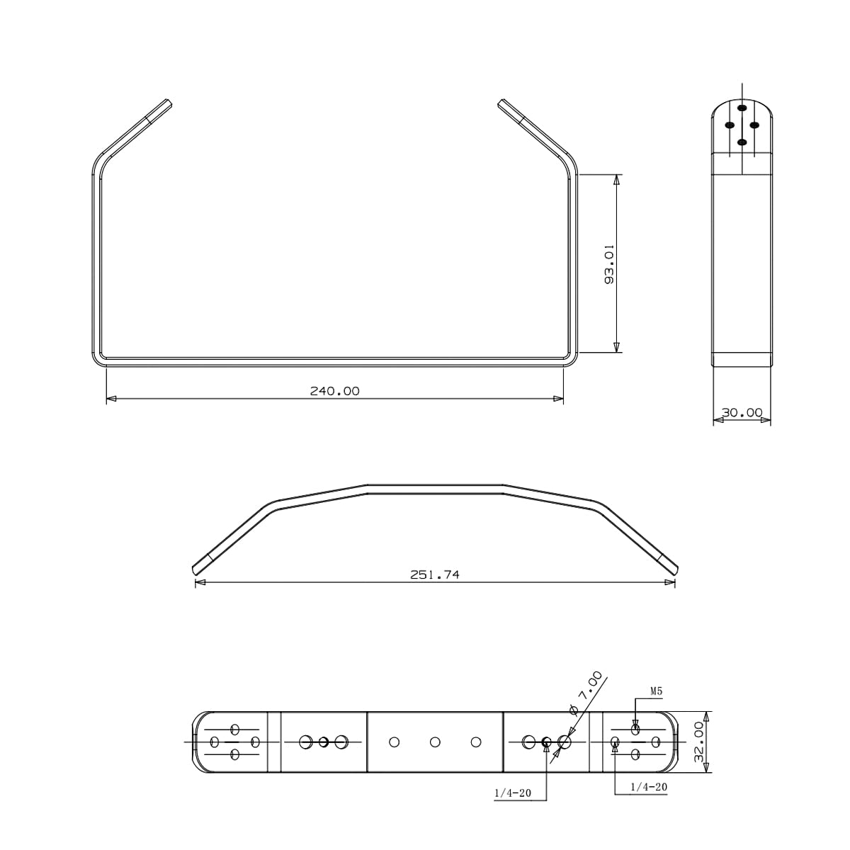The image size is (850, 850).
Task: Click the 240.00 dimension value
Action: coord(334,391)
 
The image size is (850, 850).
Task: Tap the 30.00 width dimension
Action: coord(742,412)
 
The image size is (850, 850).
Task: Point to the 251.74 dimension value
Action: coord(434,574)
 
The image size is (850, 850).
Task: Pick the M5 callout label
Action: coord(657,691)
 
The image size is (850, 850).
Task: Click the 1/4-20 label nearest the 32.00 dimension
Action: coord(649,786)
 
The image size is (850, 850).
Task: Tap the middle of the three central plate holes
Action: coord(435,742)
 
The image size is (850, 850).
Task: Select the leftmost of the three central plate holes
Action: coord(395,742)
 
